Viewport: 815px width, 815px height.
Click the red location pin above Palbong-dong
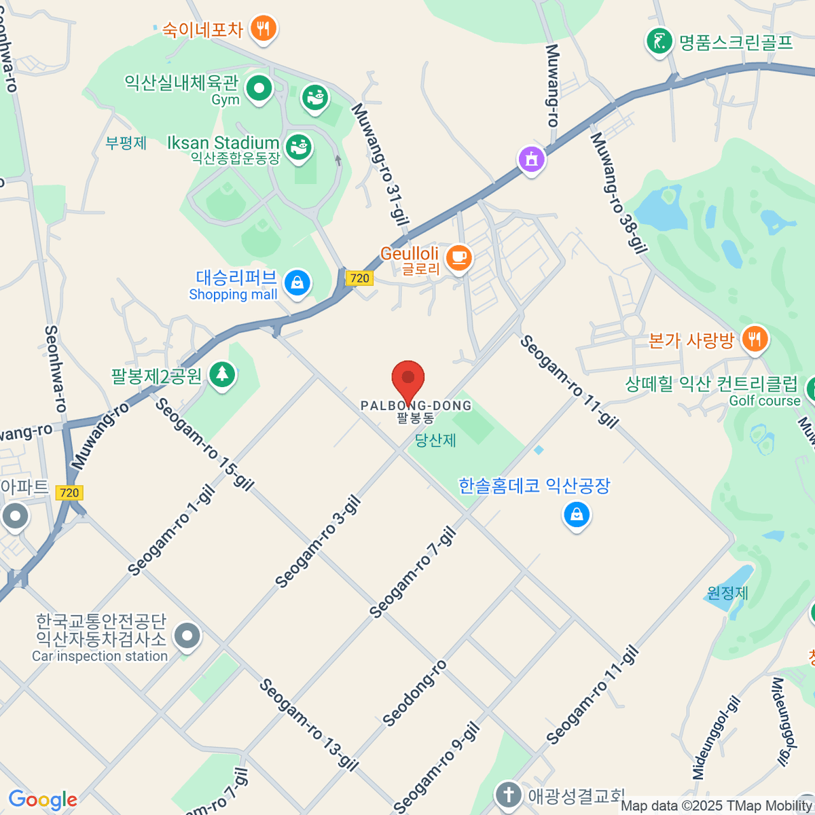[x=408, y=379]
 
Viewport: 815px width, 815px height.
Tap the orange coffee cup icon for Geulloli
[x=459, y=257]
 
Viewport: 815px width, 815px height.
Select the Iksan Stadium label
[x=223, y=143]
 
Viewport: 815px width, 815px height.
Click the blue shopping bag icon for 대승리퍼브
[x=297, y=283]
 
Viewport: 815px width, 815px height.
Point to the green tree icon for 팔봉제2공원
[x=221, y=374]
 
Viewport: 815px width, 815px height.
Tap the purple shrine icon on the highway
[x=532, y=160]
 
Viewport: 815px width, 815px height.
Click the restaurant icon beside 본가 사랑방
[x=754, y=338]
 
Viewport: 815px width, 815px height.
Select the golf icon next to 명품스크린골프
[x=658, y=41]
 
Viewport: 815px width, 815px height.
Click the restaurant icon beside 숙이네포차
[x=262, y=29]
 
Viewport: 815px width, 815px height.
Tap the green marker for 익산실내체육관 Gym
[x=259, y=88]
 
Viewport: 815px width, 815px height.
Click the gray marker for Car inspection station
[x=187, y=637]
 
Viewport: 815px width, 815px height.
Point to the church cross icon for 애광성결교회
[x=507, y=794]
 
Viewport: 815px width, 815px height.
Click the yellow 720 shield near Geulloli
[x=359, y=278]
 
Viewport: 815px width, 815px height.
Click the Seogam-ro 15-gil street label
[x=204, y=444]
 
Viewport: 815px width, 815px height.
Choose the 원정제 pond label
[x=727, y=593]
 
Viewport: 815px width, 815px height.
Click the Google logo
[x=42, y=799]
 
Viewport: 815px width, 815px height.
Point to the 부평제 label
[x=126, y=143]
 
